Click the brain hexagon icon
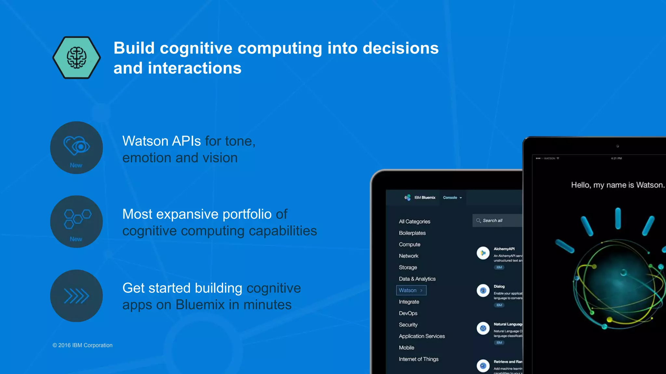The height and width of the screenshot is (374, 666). tap(76, 57)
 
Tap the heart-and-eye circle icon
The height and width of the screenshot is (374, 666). tap(76, 147)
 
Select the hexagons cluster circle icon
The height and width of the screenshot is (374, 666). tap(76, 221)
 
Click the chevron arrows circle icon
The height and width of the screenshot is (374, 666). tap(76, 296)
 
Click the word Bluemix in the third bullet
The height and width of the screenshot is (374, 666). tap(200, 305)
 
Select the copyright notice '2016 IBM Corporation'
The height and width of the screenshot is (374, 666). tap(83, 345)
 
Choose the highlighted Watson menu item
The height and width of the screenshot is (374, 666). tap(411, 290)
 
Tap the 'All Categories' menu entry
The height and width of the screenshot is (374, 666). tap(414, 221)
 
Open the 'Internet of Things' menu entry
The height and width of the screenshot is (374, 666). tap(419, 359)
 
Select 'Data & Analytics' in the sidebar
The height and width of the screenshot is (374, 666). tap(417, 279)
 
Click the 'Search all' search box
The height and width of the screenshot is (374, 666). tap(497, 220)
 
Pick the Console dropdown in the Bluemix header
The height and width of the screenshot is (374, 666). tap(452, 197)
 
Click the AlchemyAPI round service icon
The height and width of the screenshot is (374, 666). tap(483, 253)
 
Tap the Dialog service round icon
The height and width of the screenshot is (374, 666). tap(483, 291)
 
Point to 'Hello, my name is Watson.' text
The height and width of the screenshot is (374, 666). tap(618, 185)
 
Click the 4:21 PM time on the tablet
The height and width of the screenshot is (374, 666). tap(616, 158)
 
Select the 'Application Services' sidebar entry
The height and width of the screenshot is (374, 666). tap(422, 336)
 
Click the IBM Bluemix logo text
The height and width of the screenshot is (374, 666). tap(424, 197)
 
